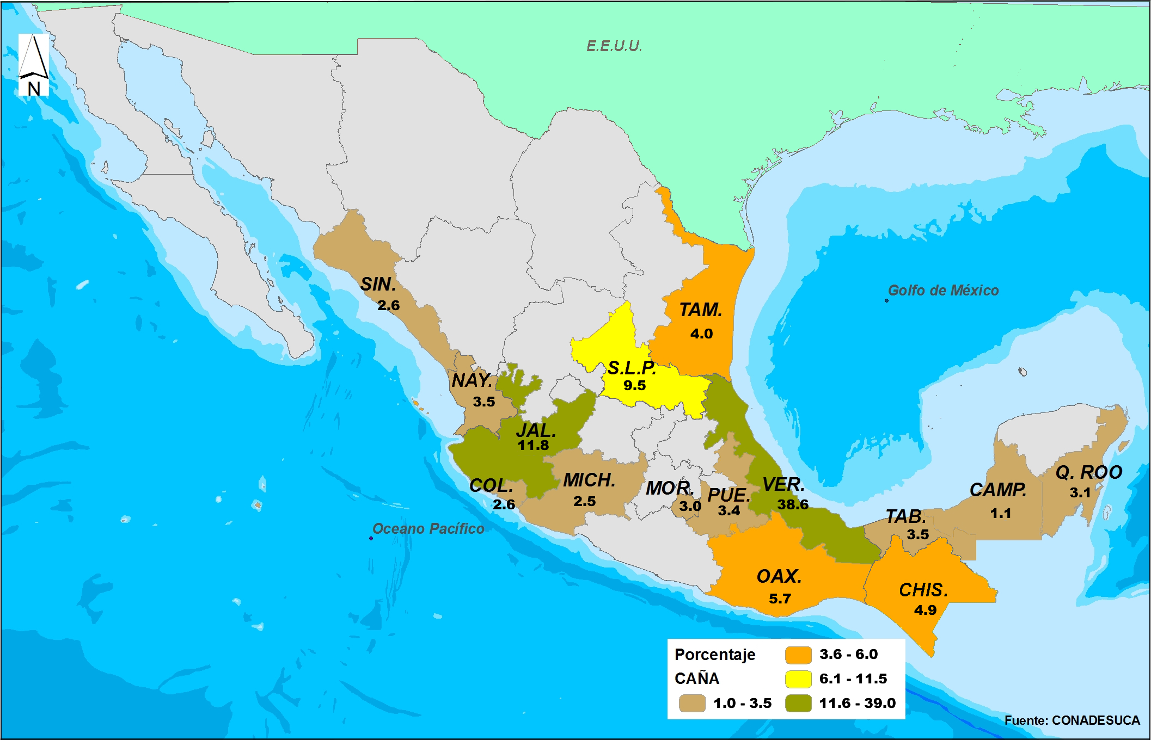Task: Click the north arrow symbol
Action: point(34,64)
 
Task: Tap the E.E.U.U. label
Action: point(614,46)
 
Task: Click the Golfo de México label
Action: point(943,291)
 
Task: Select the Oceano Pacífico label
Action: point(428,529)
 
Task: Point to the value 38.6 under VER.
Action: point(792,504)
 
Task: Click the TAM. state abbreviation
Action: point(700,310)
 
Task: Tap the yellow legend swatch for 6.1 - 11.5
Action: point(798,679)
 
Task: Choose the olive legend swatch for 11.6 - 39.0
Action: point(798,703)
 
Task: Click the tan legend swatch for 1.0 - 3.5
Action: point(692,703)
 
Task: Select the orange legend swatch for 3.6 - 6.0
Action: point(798,655)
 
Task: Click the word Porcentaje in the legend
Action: point(714,655)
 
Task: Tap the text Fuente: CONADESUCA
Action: point(1072,720)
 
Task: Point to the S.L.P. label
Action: point(632,368)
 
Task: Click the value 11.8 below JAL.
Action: point(533,446)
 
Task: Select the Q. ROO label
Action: point(1088,472)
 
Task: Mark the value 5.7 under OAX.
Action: point(780,599)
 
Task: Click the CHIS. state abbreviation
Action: point(923,590)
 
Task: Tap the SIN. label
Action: point(378,285)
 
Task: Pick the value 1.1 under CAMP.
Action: point(1000,513)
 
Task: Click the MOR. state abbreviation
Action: point(669,489)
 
